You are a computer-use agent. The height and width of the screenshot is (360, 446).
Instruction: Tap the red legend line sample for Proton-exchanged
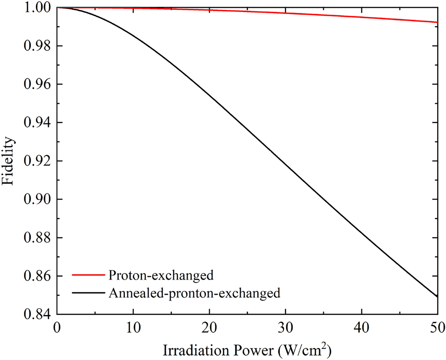[x=87, y=275]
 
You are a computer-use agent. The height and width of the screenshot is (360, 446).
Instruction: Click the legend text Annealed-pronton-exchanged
[x=194, y=293]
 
